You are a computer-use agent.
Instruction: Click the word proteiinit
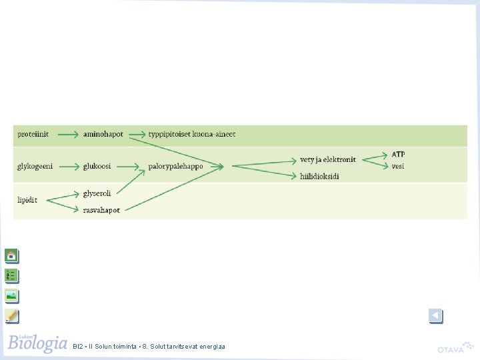33,135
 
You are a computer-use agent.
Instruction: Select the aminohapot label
103,135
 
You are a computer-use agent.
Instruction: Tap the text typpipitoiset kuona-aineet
192,135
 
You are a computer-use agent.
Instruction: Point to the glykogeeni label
35,167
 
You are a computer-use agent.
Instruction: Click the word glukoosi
97,166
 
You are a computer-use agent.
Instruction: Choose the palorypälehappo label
176,167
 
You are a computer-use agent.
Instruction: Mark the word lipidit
27,200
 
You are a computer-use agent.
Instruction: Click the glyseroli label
97,194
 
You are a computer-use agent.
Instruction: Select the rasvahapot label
101,210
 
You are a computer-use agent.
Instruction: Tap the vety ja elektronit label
328,160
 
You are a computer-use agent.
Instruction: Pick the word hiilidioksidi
319,177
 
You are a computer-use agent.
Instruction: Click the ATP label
398,154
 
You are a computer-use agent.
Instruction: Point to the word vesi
397,166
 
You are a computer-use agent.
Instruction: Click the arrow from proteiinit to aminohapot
68,135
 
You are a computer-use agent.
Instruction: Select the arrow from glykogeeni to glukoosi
69,167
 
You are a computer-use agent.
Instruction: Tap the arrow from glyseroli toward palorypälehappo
131,182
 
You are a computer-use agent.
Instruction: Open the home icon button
12,256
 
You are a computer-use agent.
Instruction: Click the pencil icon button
12,316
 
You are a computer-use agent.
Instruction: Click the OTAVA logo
455,347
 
